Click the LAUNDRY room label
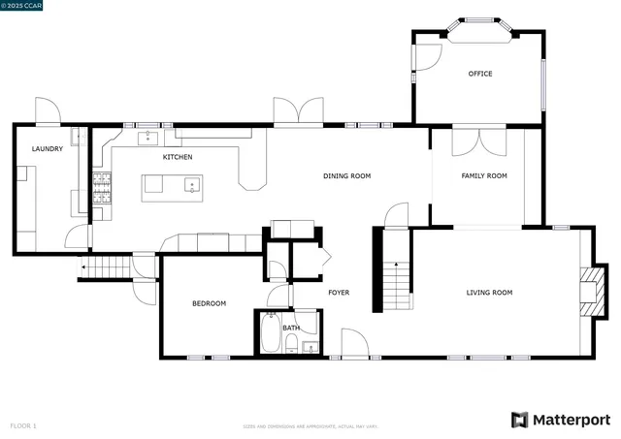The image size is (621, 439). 48,149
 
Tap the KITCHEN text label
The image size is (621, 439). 178,157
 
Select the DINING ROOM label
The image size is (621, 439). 347,176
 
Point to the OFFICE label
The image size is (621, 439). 480,74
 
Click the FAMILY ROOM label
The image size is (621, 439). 484,176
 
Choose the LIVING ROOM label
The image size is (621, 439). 489,293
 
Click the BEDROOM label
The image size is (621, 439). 209,304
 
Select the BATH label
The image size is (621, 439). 291,329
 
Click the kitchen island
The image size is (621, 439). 173,187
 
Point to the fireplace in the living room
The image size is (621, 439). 590,291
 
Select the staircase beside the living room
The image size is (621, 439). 396,286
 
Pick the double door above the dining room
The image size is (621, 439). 298,112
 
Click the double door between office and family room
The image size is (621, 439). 478,141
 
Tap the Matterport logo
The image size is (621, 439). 562,420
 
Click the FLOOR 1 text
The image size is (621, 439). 23,425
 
